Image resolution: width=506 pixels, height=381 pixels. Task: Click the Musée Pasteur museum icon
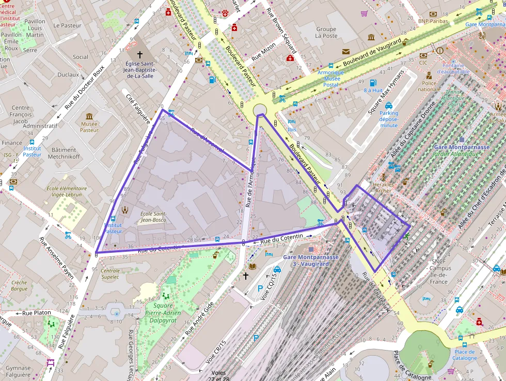(x=89, y=116)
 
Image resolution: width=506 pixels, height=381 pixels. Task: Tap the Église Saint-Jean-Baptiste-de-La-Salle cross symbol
(x=139, y=54)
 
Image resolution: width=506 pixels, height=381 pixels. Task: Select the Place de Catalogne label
(x=464, y=355)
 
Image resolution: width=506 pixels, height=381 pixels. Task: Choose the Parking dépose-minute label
(x=389, y=119)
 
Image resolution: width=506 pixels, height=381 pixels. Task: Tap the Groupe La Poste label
(x=326, y=33)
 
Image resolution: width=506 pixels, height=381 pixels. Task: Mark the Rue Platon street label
(x=36, y=313)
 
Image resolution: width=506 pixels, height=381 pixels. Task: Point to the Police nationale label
(x=429, y=86)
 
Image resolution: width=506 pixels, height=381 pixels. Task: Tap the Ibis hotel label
(x=292, y=129)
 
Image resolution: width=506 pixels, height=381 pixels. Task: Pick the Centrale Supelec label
(x=110, y=273)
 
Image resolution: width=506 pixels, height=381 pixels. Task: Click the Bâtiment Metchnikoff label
(x=64, y=153)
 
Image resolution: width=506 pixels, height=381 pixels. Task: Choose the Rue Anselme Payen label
(x=57, y=257)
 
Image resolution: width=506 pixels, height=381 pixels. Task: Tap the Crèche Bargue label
(x=19, y=285)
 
